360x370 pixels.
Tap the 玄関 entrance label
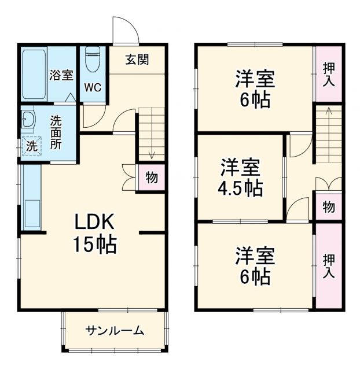[x=138, y=59]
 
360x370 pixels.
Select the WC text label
[x=93, y=87]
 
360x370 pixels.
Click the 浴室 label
[x=61, y=75]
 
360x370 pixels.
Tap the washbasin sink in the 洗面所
[x=28, y=121]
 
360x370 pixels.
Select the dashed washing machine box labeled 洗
[x=31, y=146]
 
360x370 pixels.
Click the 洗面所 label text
[x=56, y=132]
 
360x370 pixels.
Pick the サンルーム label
[x=115, y=331]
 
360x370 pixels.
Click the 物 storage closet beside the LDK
[x=151, y=178]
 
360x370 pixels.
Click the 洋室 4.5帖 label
[x=241, y=178]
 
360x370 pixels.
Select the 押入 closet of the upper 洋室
[x=329, y=74]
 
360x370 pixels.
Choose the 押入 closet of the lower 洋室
[x=329, y=266]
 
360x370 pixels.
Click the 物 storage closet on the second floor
[x=328, y=206]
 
